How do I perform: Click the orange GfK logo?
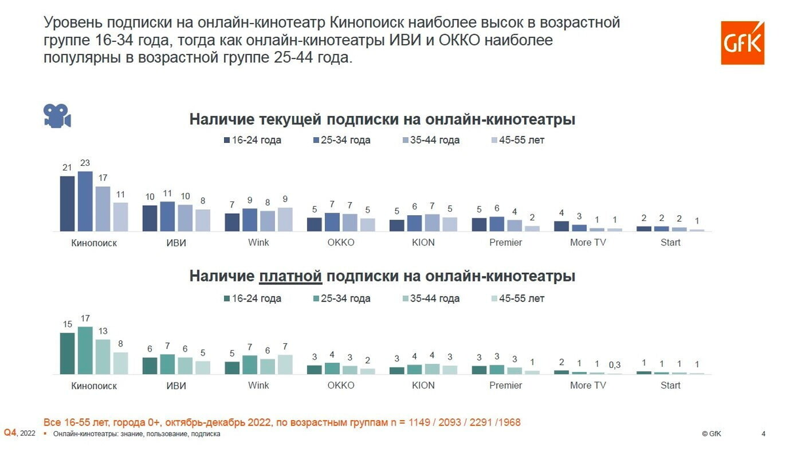click(x=743, y=43)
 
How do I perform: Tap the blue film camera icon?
click(x=57, y=115)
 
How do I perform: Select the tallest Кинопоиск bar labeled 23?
click(x=85, y=201)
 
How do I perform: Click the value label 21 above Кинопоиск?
click(x=67, y=168)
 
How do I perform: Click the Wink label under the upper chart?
click(x=258, y=243)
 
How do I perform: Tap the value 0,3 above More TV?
click(x=614, y=365)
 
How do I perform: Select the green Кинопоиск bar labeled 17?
click(x=85, y=350)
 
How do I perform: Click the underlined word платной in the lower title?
click(x=291, y=277)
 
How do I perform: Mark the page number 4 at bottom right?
click(x=763, y=434)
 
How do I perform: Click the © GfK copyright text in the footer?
click(x=713, y=434)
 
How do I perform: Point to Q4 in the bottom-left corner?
click(x=10, y=433)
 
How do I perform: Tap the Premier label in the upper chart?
click(x=506, y=243)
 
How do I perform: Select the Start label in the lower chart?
click(x=670, y=386)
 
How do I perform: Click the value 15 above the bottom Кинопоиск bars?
click(x=67, y=325)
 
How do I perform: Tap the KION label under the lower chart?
click(x=423, y=386)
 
